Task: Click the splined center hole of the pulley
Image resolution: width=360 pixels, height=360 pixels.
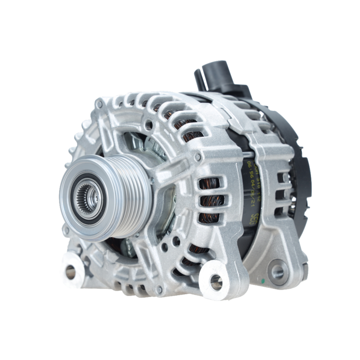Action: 87,197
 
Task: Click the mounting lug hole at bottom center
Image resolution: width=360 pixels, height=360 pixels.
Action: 216,282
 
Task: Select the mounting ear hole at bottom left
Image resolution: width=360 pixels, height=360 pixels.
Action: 71,272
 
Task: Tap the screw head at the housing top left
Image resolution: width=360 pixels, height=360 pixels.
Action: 99,105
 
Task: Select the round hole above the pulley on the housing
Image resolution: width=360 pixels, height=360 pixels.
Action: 148,125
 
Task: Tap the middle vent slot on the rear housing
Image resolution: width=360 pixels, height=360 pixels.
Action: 281,195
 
